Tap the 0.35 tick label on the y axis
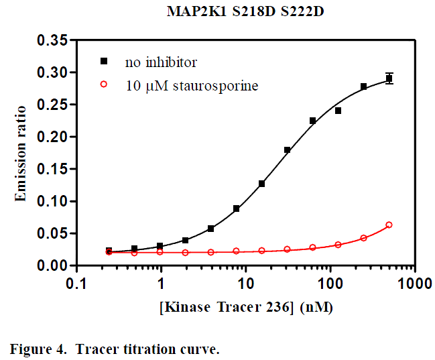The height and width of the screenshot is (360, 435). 51,40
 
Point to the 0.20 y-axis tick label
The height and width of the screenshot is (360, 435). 51,137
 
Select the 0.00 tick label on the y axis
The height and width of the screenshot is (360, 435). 51,265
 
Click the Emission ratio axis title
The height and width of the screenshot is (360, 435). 21,153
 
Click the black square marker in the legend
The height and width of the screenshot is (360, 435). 104,62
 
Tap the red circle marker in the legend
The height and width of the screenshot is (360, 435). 104,85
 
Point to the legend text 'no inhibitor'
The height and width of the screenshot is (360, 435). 161,62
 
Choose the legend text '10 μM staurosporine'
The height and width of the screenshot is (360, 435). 192,86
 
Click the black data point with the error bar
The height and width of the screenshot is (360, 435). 389,78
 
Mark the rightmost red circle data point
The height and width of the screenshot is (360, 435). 389,225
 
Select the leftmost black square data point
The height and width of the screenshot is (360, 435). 109,251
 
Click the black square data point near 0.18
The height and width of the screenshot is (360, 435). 287,150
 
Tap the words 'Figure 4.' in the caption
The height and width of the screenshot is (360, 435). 38,349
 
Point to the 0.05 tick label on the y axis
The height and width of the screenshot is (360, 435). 51,233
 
